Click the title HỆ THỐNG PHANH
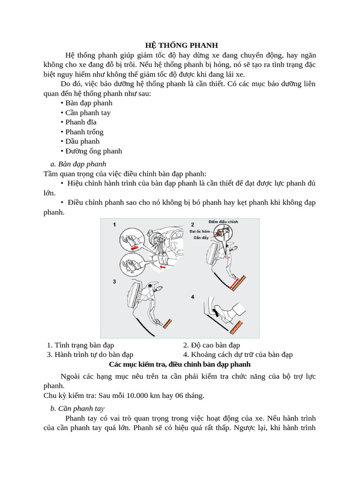point(181,45)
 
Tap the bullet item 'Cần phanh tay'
point(88,112)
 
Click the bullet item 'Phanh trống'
point(84,132)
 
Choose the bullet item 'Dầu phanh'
point(82,141)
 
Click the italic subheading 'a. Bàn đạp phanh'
point(78,164)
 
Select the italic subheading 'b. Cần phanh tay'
point(77,408)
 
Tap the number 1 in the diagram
point(114,225)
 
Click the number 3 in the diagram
point(114,281)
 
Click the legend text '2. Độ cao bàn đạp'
point(211,345)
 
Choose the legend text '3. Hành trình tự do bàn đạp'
point(90,355)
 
